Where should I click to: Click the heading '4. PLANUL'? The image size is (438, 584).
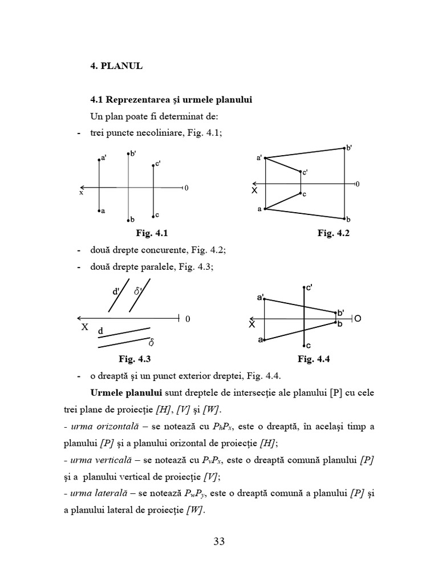116,66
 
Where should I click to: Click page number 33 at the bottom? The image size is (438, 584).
219,541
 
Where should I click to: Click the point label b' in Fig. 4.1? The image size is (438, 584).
132,153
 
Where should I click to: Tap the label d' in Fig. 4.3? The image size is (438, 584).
116,292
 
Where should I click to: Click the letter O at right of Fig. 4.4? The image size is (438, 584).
358,319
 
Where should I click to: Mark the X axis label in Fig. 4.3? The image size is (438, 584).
84,328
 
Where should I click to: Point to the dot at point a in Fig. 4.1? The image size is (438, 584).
99,210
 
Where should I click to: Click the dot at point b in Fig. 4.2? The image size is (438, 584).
344,218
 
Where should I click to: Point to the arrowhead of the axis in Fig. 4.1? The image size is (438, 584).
83,187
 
